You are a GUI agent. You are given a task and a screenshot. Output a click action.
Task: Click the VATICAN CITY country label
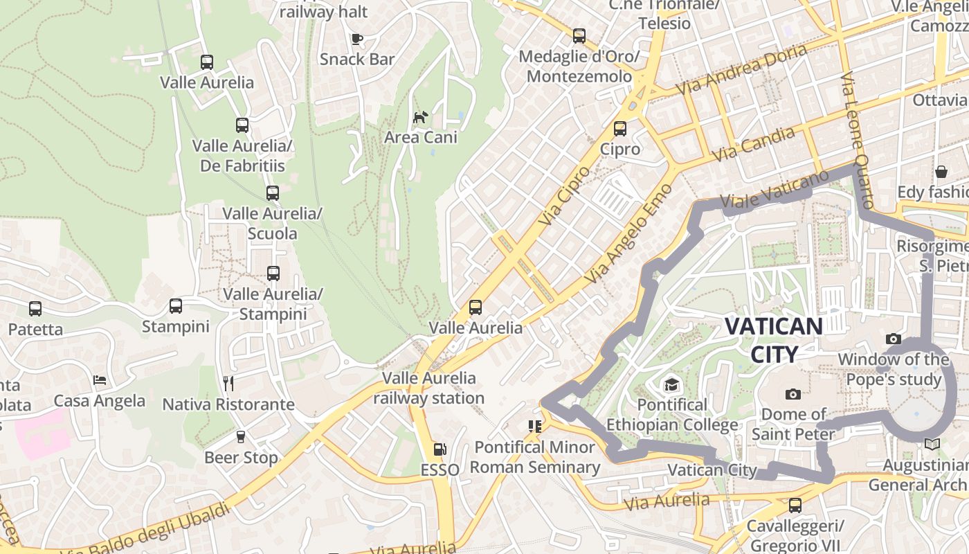coord(774,340)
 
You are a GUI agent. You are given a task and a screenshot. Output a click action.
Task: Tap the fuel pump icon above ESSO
coord(440,449)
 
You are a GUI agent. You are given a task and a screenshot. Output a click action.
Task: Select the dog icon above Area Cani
coord(420,117)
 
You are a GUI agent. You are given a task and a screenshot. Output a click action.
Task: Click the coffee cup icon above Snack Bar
coord(357,39)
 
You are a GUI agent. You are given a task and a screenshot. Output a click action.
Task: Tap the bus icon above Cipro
coord(620,128)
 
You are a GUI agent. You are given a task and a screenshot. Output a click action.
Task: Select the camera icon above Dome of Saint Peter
coord(793,394)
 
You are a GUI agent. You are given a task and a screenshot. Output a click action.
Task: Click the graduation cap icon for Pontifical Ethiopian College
coord(670,384)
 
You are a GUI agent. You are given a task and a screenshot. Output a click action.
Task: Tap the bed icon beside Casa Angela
coord(100,380)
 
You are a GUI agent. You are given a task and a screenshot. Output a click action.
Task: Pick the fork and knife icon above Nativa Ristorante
coord(228,383)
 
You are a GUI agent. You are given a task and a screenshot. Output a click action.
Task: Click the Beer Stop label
coord(241,458)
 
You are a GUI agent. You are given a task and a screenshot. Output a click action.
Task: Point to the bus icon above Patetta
coord(35,309)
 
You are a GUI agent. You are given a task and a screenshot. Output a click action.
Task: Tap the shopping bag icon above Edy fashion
coord(941,171)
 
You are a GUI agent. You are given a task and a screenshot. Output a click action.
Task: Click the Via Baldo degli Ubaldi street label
coord(145,530)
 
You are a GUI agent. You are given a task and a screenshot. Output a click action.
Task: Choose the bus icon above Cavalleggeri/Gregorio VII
coord(795,506)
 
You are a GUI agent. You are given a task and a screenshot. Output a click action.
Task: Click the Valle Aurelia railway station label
coord(429,388)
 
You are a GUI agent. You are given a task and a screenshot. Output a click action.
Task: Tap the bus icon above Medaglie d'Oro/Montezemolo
coord(579,35)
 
